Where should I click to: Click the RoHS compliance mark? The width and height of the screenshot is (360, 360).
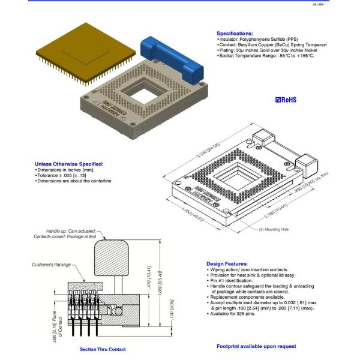click(x=286, y=100)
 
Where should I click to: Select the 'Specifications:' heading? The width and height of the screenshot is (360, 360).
click(x=235, y=33)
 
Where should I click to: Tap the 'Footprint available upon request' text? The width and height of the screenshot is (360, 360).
click(x=256, y=346)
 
